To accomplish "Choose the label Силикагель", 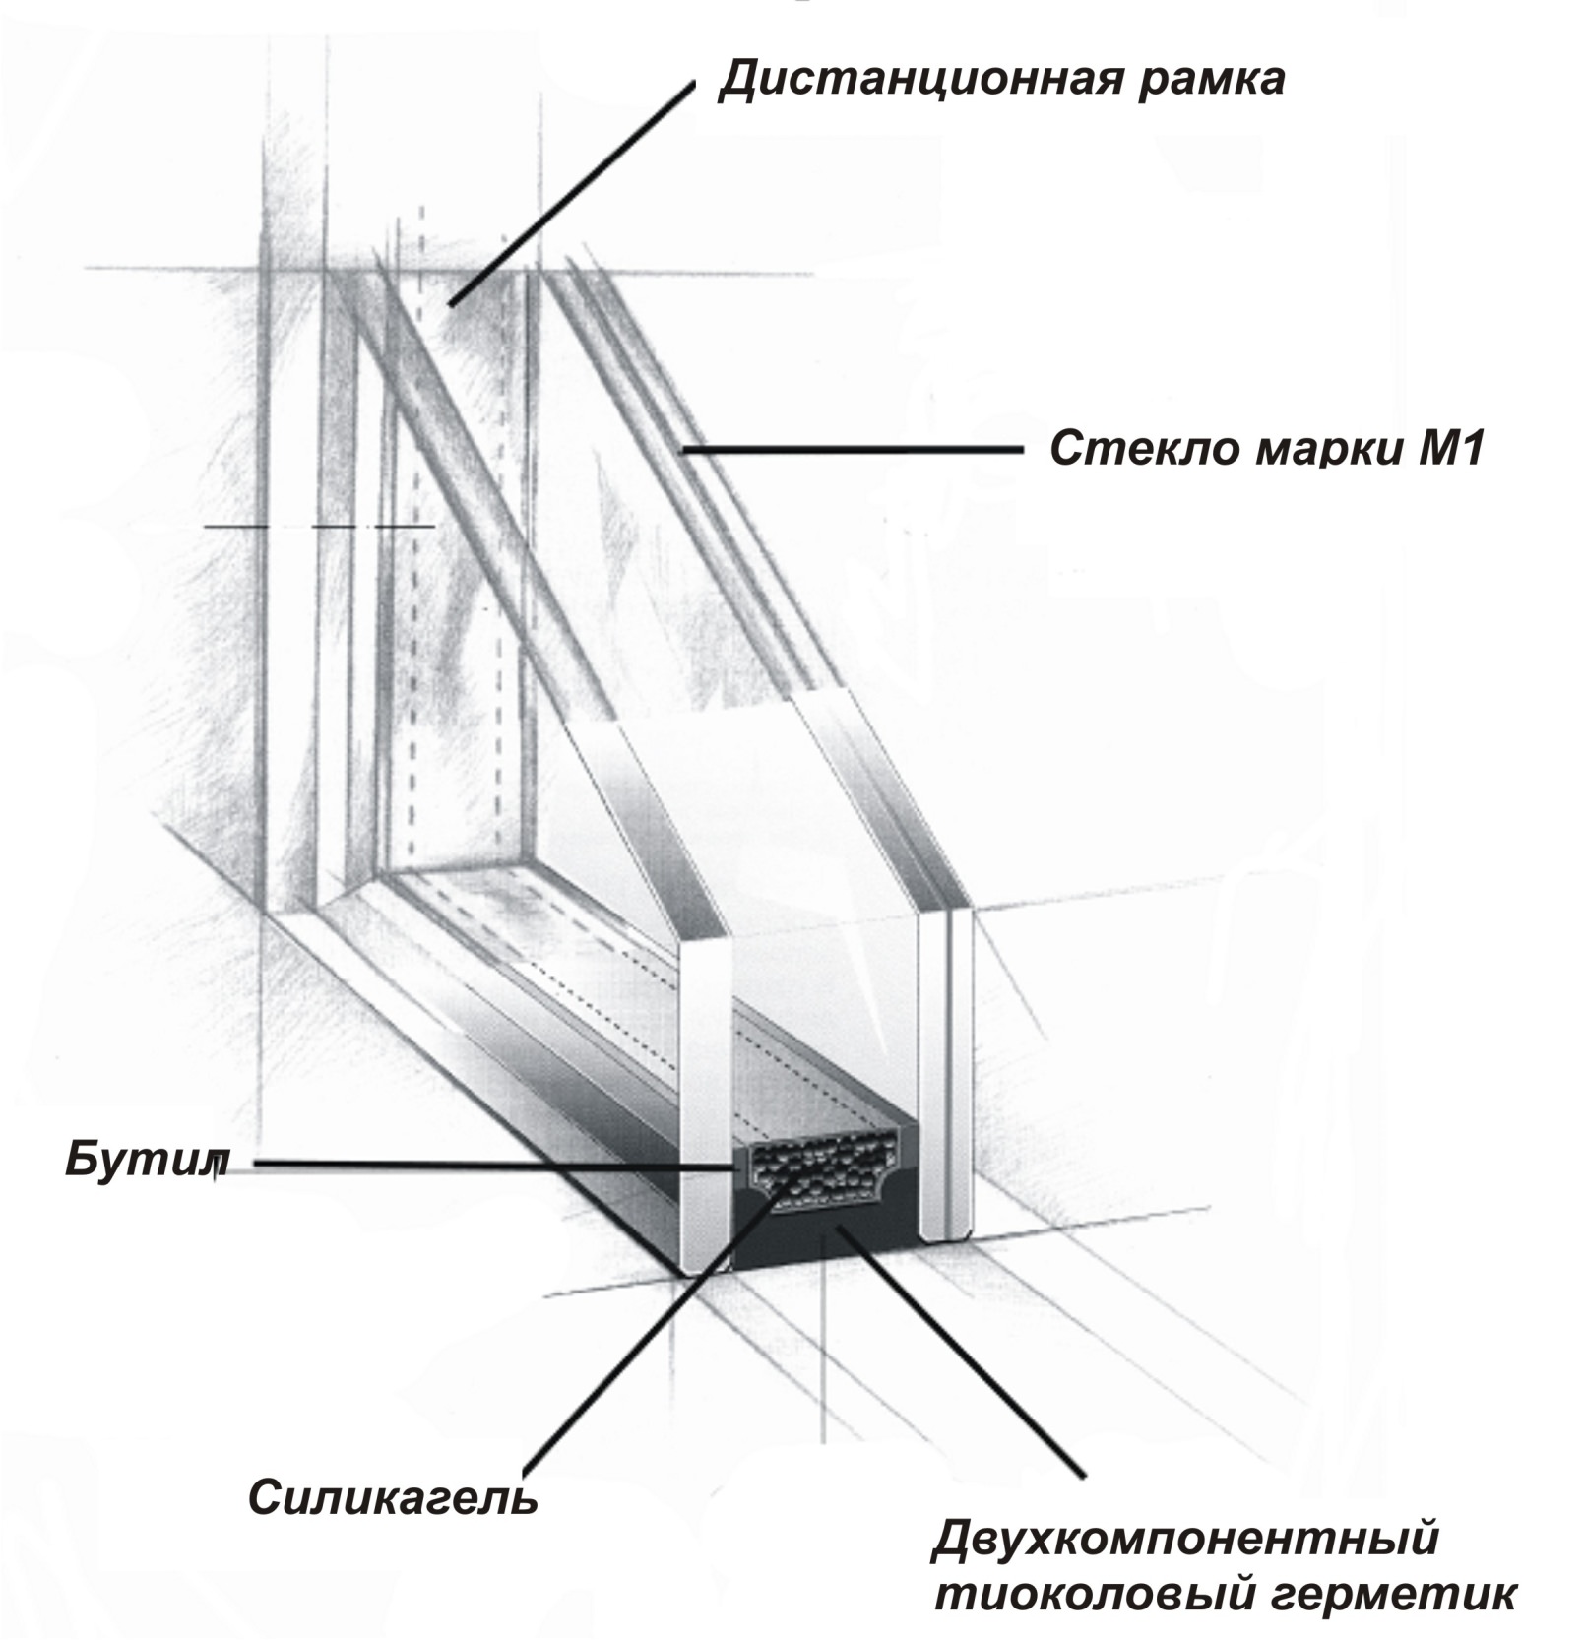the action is (x=393, y=1499).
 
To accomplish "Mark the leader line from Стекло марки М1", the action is (x=852, y=449).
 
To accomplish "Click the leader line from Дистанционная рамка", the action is (x=572, y=194).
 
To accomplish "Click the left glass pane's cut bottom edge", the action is (x=707, y=1270).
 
